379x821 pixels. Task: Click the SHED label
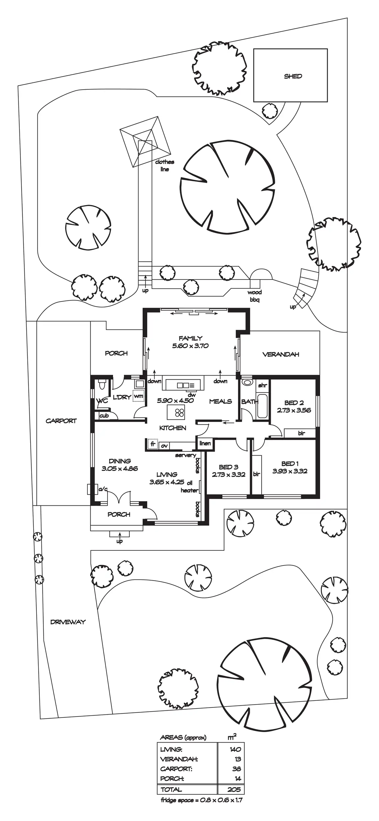click(293, 76)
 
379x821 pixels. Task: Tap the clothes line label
click(165, 166)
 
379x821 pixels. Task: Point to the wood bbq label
click(254, 296)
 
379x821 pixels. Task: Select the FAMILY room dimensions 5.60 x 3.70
click(190, 346)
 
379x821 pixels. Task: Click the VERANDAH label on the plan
click(281, 354)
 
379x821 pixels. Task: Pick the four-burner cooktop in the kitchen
click(179, 412)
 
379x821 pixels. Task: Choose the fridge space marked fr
click(153, 444)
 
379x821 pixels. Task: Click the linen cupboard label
click(205, 443)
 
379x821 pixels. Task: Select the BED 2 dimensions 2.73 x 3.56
click(294, 410)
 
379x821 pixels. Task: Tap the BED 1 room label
click(290, 463)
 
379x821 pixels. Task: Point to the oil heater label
click(190, 487)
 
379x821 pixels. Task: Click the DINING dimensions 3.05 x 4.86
click(120, 469)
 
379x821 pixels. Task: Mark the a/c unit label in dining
click(103, 489)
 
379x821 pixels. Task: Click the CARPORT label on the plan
click(61, 421)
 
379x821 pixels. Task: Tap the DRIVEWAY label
click(68, 622)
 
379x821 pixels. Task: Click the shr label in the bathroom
click(262, 385)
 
